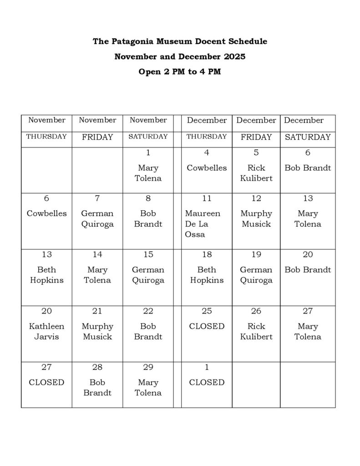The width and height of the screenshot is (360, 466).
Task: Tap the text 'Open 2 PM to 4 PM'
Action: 180,72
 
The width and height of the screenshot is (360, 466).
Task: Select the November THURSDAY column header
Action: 46,137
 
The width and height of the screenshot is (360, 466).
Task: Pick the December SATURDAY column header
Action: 308,137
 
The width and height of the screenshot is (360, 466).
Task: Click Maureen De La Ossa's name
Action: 203,224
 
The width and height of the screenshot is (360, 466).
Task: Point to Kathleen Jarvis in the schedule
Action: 46,331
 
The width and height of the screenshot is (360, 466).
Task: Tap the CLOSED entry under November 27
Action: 46,382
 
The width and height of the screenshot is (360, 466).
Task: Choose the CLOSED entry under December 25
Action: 207,326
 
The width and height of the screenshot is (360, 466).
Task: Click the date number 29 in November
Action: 148,367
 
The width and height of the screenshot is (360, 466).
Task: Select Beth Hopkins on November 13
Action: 46,275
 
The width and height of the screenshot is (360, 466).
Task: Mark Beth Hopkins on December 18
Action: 207,275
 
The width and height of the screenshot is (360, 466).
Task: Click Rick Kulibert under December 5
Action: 256,173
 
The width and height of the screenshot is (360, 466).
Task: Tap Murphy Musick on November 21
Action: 97,331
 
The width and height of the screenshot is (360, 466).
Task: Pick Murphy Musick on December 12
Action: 256,218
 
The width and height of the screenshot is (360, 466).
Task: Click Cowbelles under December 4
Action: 207,168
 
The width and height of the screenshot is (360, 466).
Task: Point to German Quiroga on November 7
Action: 97,218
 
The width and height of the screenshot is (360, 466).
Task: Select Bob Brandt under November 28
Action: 97,387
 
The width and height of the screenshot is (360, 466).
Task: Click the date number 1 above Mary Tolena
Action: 148,153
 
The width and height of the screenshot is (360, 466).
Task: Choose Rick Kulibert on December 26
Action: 256,331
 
